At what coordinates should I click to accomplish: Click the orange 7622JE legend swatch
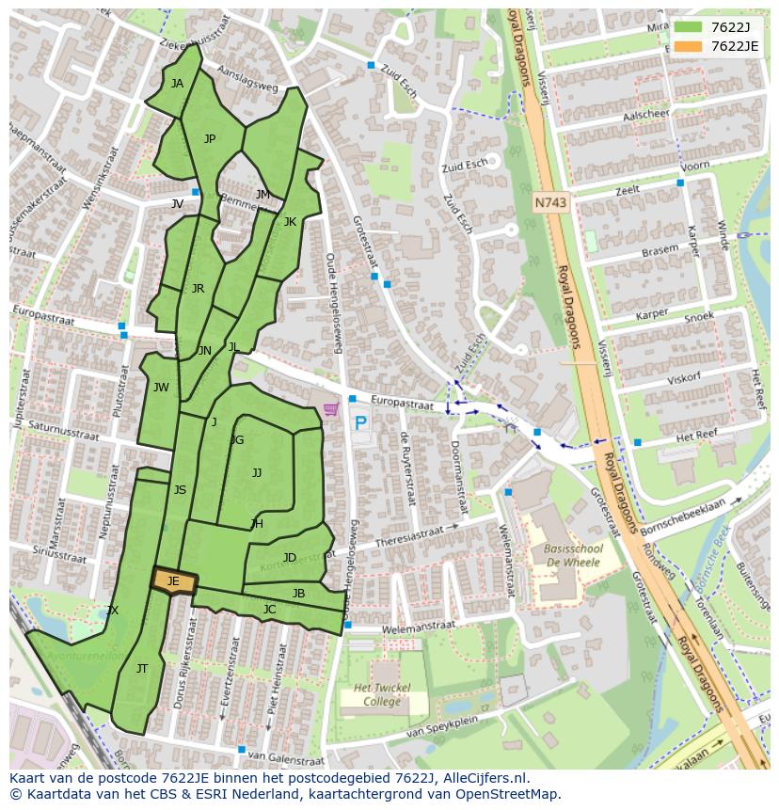click(x=688, y=46)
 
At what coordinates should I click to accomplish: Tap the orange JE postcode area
click(x=174, y=582)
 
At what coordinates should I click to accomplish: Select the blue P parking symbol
click(x=360, y=424)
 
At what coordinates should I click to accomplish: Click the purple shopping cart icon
click(x=331, y=409)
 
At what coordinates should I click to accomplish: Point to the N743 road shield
click(x=551, y=202)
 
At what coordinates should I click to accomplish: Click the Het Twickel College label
click(x=381, y=695)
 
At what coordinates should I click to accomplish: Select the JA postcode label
click(x=177, y=84)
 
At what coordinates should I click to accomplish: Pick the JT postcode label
click(x=142, y=669)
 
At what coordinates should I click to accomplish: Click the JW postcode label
click(x=161, y=388)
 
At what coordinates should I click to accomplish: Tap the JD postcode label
click(x=290, y=558)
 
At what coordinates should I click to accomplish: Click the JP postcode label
click(x=210, y=139)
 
